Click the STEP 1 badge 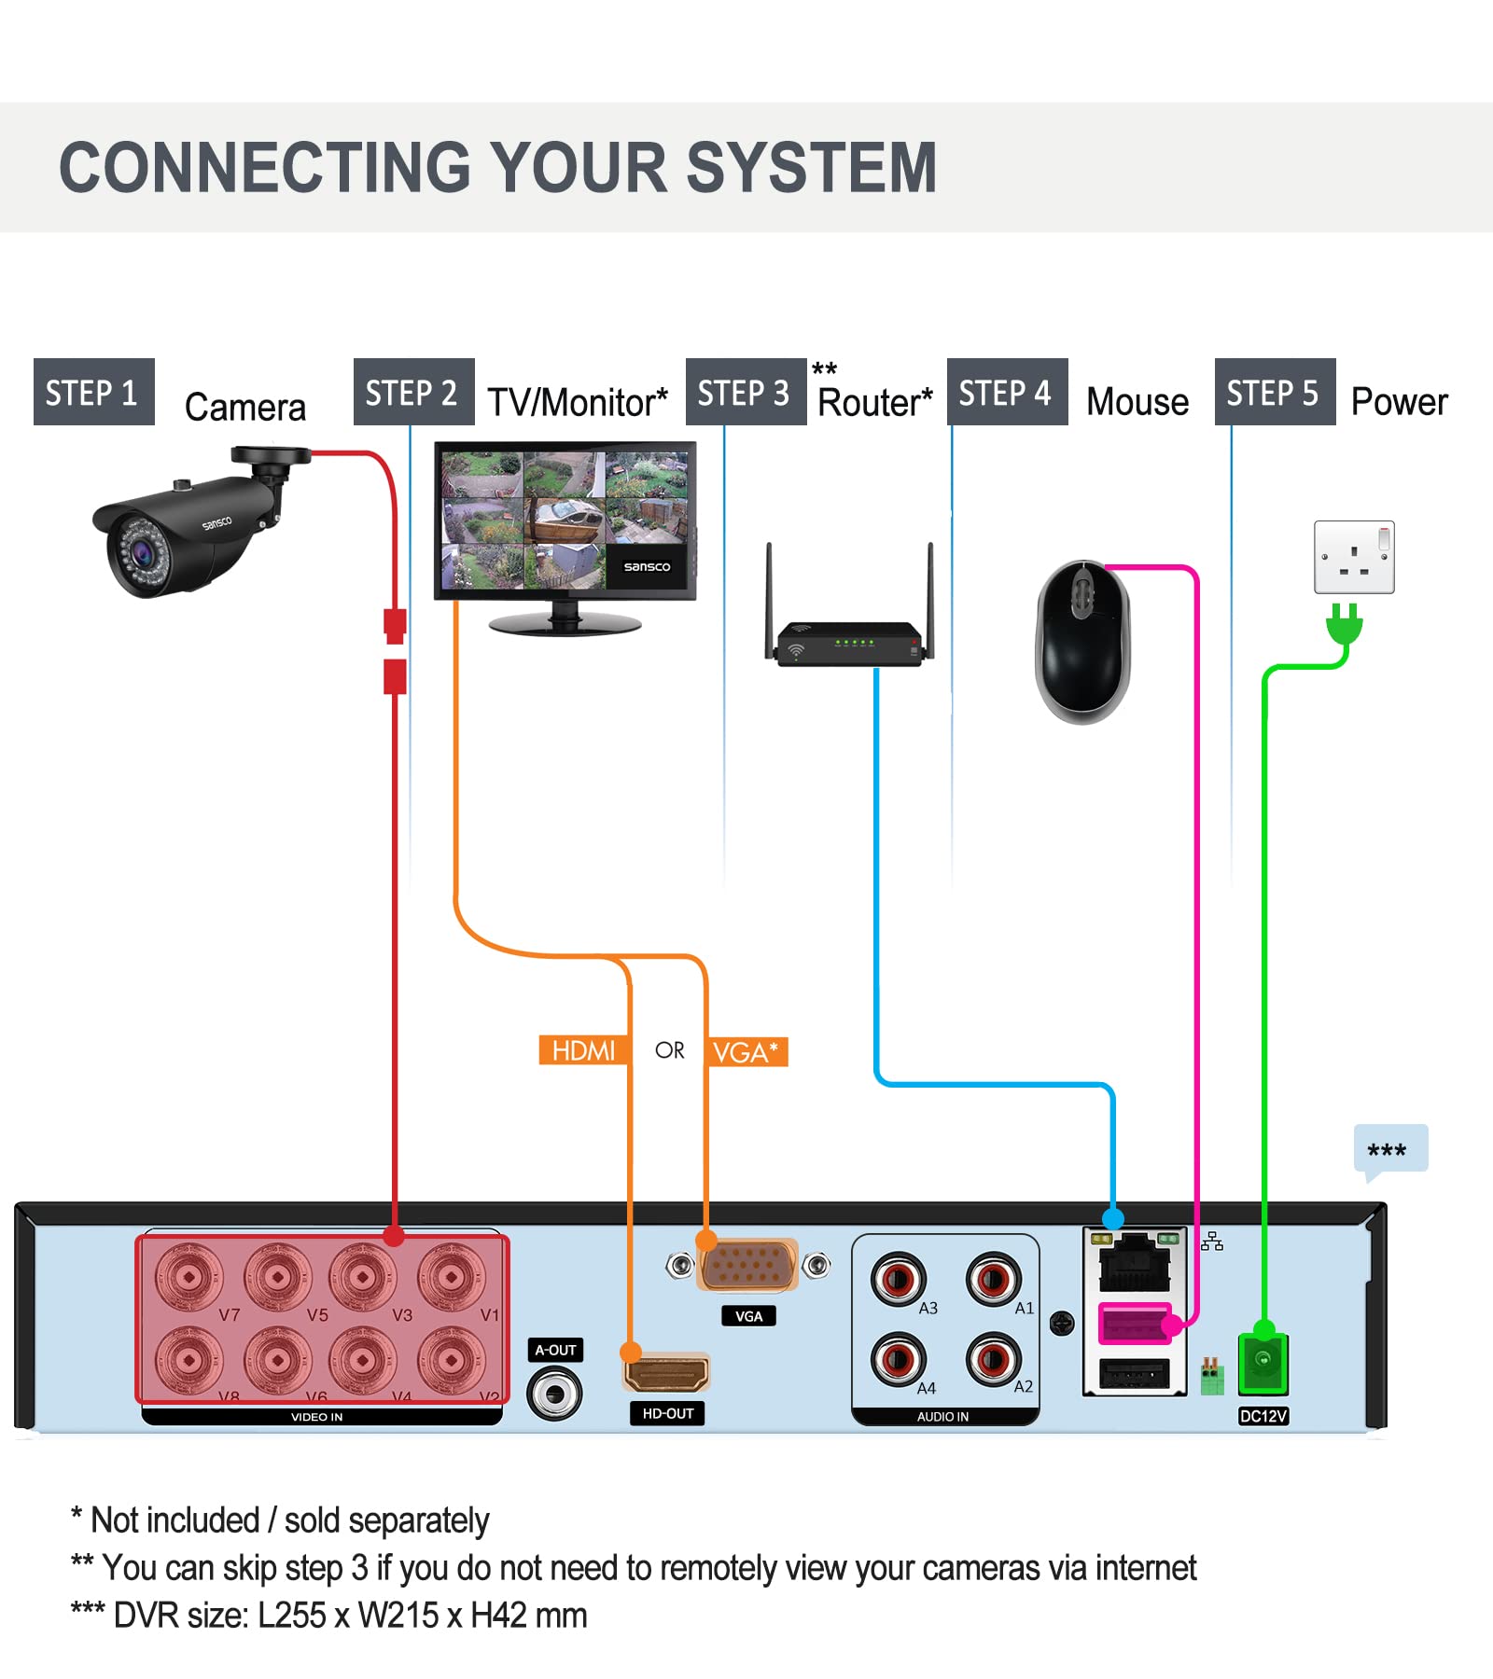[93, 392]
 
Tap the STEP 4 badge [1006, 392]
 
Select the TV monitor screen [565, 520]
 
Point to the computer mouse [1082, 642]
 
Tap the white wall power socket [1354, 557]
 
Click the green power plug [1344, 624]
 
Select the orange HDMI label [583, 1051]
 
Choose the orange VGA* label [746, 1052]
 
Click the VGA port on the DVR [748, 1266]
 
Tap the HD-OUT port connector [666, 1373]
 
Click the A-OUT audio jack [554, 1395]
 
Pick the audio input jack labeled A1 [993, 1279]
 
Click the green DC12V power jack [1263, 1363]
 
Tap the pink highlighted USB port [1133, 1324]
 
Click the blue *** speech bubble [1389, 1149]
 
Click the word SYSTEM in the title [811, 168]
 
